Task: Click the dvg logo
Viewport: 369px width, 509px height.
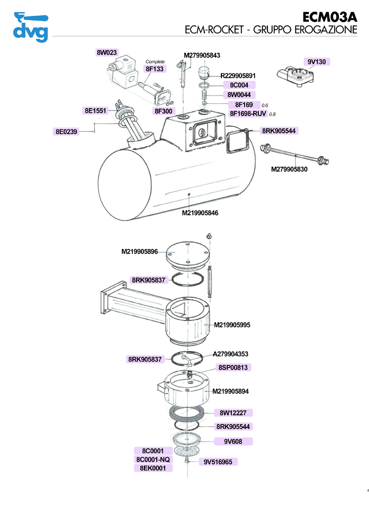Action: pyautogui.click(x=30, y=27)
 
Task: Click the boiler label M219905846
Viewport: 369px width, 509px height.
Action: pyautogui.click(x=200, y=213)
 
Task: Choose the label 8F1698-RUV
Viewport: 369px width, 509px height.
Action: pyautogui.click(x=248, y=113)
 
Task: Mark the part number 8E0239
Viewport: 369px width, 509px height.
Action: pyautogui.click(x=66, y=132)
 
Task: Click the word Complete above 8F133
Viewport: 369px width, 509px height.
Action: pyautogui.click(x=155, y=62)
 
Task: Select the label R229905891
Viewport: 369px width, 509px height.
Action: pyautogui.click(x=238, y=75)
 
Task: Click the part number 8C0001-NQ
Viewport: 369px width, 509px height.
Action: pyautogui.click(x=153, y=459)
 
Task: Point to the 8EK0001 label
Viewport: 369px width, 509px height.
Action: pyautogui.click(x=153, y=468)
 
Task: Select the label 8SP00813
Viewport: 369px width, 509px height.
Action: pyautogui.click(x=234, y=367)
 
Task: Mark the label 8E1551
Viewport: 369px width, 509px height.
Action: pyautogui.click(x=95, y=111)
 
